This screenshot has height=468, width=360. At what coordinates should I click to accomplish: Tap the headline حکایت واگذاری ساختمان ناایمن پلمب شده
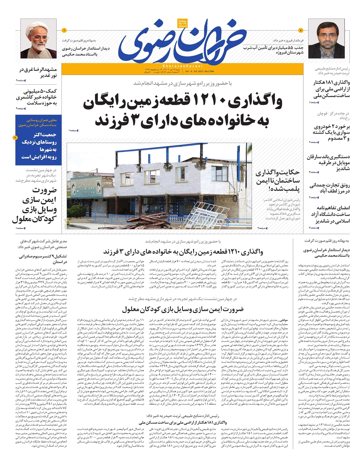click(x=278, y=181)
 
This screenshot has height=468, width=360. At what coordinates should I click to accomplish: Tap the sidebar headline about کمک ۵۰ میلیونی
click(x=37, y=97)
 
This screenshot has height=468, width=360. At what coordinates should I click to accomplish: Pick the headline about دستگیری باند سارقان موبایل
click(x=328, y=163)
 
